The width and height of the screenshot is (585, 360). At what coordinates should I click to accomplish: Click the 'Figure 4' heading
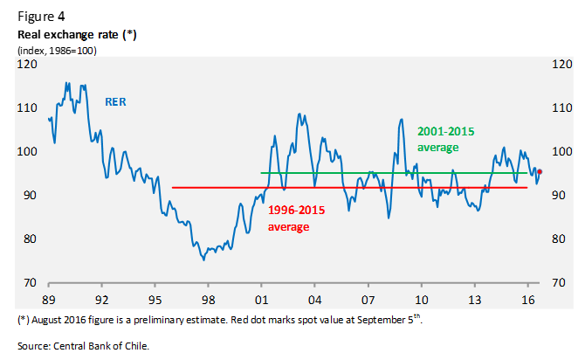click(40, 15)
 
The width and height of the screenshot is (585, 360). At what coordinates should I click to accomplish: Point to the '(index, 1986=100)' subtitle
click(58, 51)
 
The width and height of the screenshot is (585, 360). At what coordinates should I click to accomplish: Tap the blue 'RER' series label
click(116, 102)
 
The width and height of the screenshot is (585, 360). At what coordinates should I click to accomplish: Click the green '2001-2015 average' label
click(445, 139)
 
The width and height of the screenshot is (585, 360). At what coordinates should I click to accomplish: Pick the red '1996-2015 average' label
click(289, 218)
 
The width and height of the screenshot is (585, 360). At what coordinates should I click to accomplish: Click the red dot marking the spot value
click(540, 171)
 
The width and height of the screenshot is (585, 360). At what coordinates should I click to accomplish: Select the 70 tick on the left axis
click(30, 282)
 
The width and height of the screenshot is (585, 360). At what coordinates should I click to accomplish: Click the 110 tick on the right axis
click(559, 108)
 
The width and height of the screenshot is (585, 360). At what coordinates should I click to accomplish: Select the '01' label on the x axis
click(261, 298)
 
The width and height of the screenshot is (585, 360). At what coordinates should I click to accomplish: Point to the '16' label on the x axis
click(527, 298)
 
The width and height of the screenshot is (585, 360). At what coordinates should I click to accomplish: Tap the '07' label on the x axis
click(368, 298)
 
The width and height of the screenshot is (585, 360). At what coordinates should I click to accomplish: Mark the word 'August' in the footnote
click(50, 320)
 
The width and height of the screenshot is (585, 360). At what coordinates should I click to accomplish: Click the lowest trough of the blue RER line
click(203, 260)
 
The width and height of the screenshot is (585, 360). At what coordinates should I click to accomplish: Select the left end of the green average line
click(262, 173)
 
